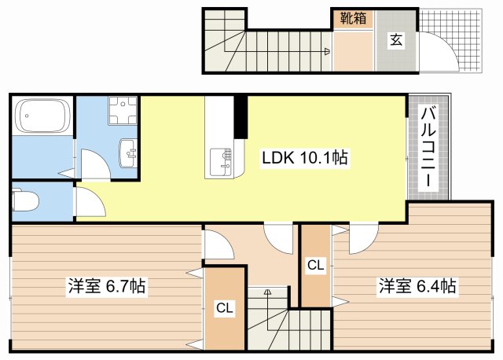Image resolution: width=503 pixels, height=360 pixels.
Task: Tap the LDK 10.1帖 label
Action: [x=305, y=158]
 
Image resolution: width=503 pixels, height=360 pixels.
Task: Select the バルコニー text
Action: [x=428, y=147]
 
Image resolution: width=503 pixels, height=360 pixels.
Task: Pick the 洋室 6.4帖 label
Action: [x=416, y=286]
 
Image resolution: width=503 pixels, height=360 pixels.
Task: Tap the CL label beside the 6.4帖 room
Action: [x=316, y=266]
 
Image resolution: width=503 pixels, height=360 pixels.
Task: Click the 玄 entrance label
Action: [x=396, y=40]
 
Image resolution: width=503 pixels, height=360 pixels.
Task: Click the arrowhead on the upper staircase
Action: [x=326, y=53]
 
